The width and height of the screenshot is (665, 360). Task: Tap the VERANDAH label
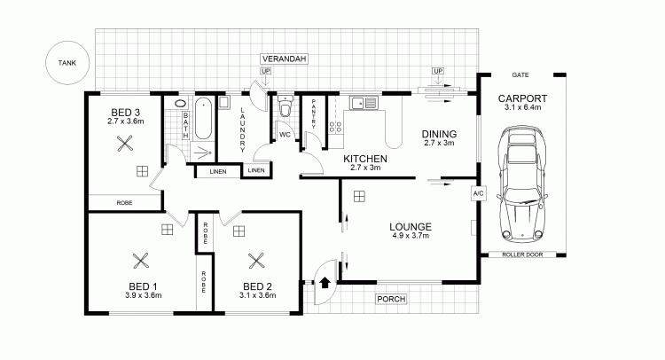[x=284, y=59]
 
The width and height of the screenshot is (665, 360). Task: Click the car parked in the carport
[x=522, y=184]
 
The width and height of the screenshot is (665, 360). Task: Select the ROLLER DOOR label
[x=522, y=254]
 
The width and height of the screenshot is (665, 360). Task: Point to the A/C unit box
[x=478, y=194]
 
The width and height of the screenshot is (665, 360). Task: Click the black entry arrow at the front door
[x=325, y=282]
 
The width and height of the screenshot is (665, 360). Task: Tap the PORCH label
[x=391, y=299]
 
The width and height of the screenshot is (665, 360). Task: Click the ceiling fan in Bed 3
[x=125, y=144]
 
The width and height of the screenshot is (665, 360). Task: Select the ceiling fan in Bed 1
[x=140, y=261]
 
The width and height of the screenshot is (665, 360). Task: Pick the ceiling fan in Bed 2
[x=256, y=261]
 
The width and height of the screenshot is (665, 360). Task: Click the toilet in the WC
[x=286, y=106]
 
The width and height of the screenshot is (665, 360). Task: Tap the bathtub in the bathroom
[x=203, y=118]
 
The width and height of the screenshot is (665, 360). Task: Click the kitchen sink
[x=364, y=103]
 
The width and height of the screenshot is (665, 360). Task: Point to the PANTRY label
[x=313, y=113]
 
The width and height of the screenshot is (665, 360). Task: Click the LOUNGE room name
[x=411, y=227]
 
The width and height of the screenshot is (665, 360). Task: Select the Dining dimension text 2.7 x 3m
[x=439, y=143]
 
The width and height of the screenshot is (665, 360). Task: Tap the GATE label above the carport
[x=520, y=75]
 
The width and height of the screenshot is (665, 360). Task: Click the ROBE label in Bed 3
[x=124, y=203]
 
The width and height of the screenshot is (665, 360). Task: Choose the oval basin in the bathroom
[x=180, y=103]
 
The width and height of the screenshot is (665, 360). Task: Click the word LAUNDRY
[x=243, y=129]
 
